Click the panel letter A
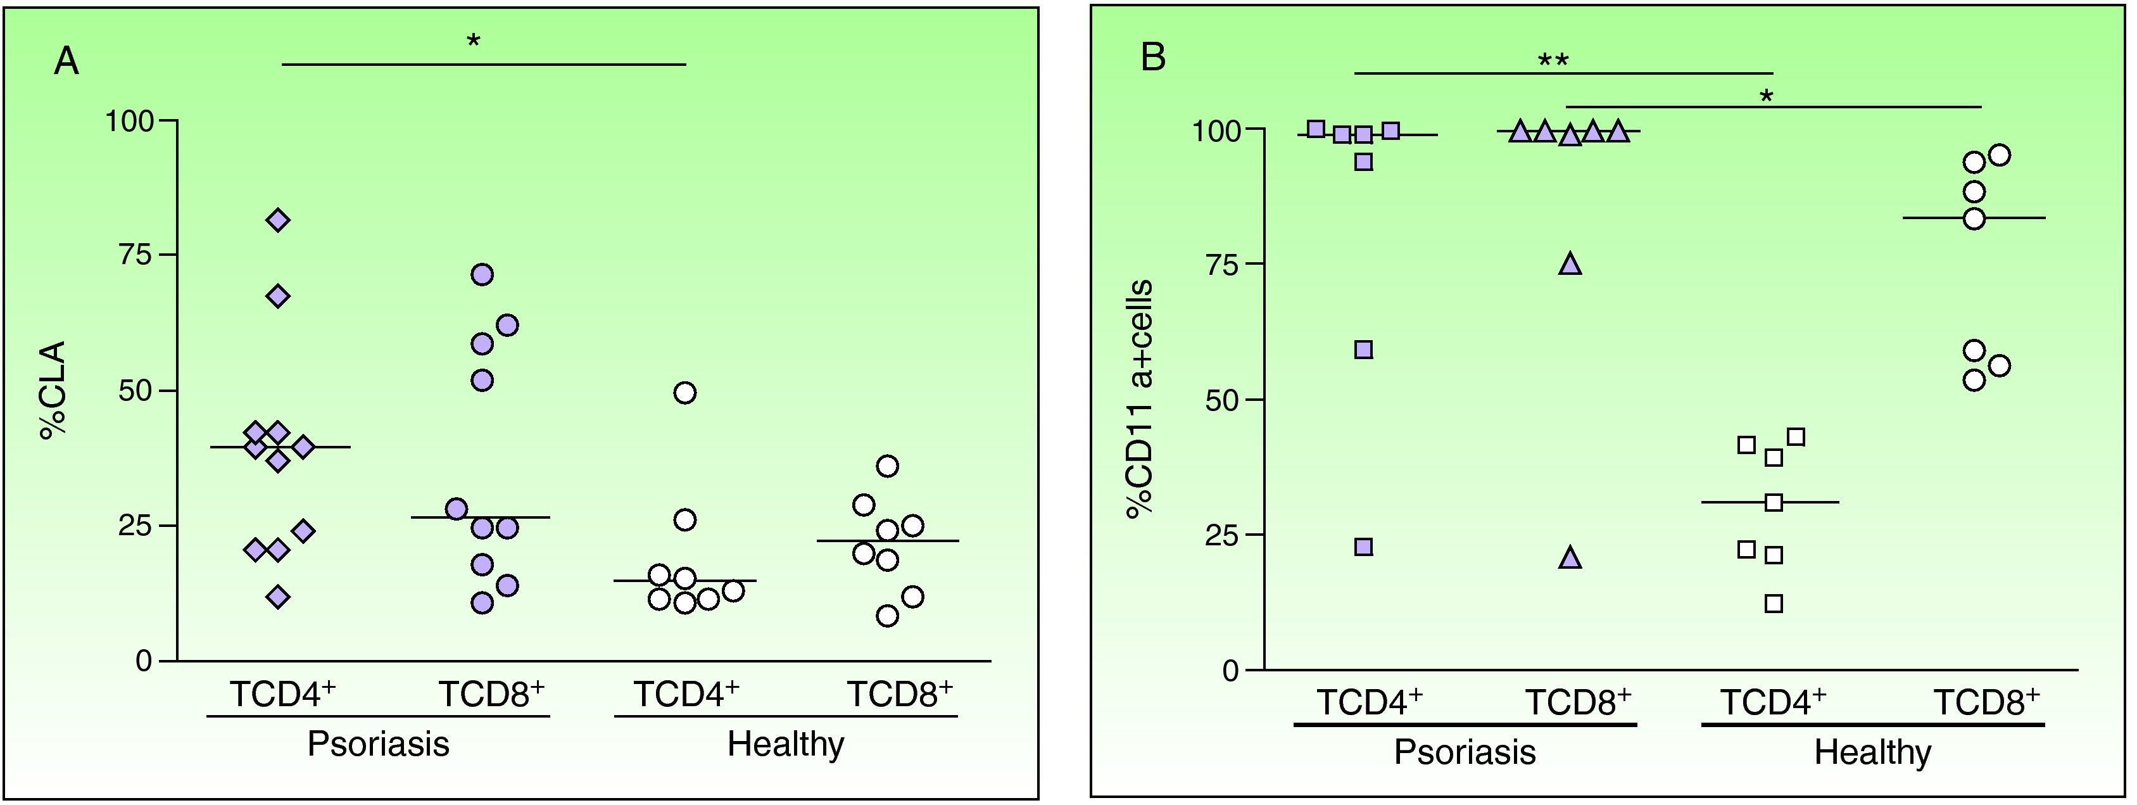[66, 61]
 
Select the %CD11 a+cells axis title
[1139, 398]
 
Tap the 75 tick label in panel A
[136, 255]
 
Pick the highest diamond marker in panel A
[278, 221]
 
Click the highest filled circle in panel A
[482, 274]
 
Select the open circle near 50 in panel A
[685, 393]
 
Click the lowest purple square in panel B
[1364, 547]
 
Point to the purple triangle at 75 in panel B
[1570, 265]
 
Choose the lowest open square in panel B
[1774, 604]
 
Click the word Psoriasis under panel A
[378, 744]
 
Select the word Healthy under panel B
[1872, 752]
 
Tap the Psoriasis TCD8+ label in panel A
[491, 694]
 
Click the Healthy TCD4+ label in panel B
[1773, 702]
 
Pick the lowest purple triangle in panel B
[1570, 559]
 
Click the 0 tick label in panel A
[144, 661]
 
